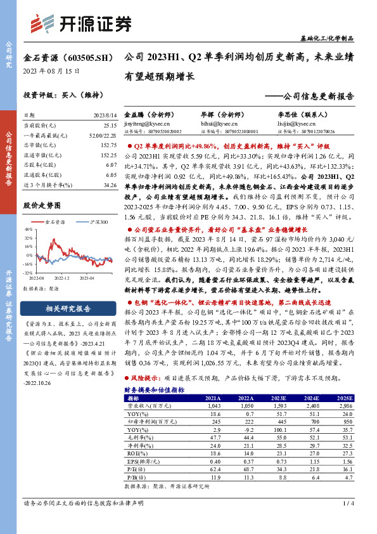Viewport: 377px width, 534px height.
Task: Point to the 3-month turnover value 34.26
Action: pos(108,185)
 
